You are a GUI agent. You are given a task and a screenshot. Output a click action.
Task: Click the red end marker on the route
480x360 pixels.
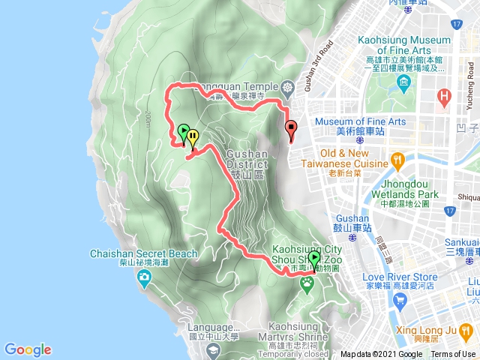(x=291, y=130)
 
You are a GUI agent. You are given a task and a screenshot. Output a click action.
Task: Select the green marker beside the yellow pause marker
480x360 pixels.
(x=183, y=133)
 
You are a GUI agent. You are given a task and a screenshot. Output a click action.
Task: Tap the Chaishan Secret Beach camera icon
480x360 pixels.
(x=143, y=279)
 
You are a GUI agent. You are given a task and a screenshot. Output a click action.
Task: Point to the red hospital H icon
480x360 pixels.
(x=445, y=97)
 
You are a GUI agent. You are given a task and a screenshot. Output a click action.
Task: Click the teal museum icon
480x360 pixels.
(x=405, y=82)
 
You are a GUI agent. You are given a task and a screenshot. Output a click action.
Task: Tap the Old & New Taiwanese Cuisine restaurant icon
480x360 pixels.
(x=397, y=160)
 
